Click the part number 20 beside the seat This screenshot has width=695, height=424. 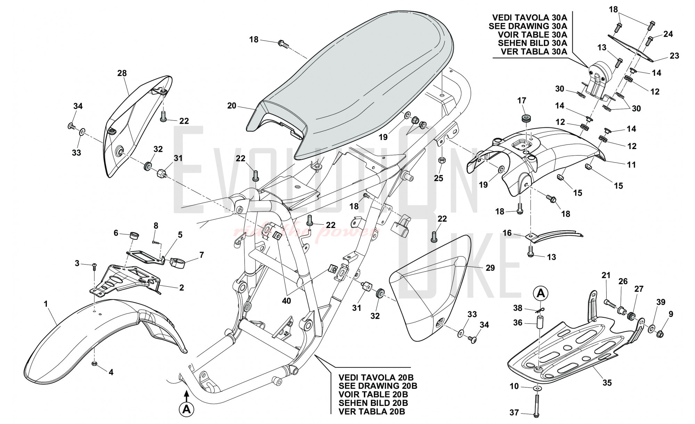pyautogui.click(x=232, y=105)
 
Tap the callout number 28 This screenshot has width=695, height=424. pyautogui.click(x=122, y=73)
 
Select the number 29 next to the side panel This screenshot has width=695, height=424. pyautogui.click(x=490, y=268)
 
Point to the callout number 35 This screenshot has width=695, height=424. pyautogui.click(x=607, y=383)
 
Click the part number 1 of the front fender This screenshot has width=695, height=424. pyautogui.click(x=46, y=304)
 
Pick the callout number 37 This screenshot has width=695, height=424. pyautogui.click(x=514, y=413)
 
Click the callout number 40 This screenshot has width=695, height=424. pyautogui.click(x=286, y=301)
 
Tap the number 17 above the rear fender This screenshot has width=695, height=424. pyautogui.click(x=522, y=101)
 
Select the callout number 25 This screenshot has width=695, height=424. pyautogui.click(x=439, y=178)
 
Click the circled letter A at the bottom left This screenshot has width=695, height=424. pyautogui.click(x=187, y=409)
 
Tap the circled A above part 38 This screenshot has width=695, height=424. pyautogui.click(x=541, y=294)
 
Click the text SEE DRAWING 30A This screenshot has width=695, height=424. pyautogui.click(x=528, y=26)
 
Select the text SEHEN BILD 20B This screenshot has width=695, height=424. pyautogui.click(x=373, y=403)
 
